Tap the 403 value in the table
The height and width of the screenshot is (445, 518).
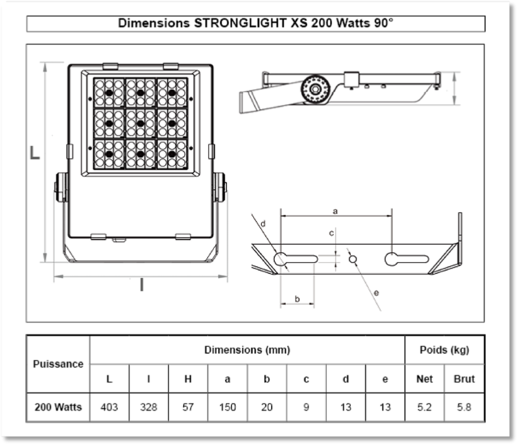[109, 407]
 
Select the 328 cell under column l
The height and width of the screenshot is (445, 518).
[149, 407]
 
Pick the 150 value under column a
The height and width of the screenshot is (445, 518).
[227, 407]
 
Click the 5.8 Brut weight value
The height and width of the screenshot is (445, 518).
[464, 407]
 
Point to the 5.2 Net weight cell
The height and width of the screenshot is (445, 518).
[424, 407]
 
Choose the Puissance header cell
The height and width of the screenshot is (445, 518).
[58, 364]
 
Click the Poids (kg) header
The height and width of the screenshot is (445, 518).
[444, 350]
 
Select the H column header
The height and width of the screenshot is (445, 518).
[188, 379]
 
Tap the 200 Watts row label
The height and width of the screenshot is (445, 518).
[58, 407]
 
